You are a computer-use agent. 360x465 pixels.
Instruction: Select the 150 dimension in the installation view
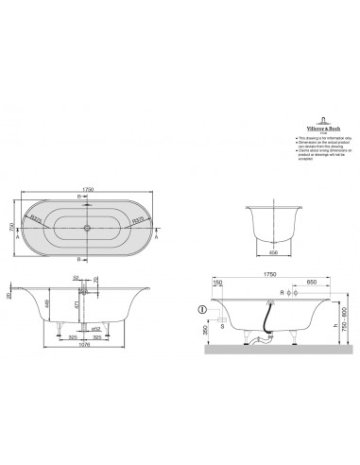click(x=218, y=282)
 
